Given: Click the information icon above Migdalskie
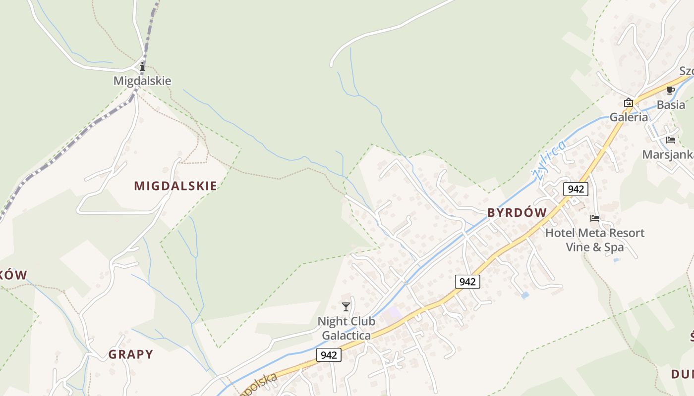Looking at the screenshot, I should pos(143,66).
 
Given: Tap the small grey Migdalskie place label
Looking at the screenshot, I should pos(142,81).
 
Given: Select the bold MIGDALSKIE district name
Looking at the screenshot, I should pos(175,186).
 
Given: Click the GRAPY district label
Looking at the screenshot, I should pos(131,354).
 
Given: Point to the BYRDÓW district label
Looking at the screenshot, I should pos(517,213).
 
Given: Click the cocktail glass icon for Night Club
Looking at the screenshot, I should pos(346,307).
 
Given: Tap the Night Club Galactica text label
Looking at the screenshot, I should pos(346,328).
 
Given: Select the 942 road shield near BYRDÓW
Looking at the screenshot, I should pos(576,189).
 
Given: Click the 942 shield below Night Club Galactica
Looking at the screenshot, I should pos(329,355).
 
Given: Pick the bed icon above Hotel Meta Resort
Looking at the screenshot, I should pos(595,218).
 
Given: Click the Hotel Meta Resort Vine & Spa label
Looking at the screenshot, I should pos(595,240).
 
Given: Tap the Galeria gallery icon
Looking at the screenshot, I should pos(629,103).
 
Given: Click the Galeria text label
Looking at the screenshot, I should pos(629,117).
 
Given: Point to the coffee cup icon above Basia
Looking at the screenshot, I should pos(671,90).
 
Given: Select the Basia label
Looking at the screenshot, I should pos(671,105).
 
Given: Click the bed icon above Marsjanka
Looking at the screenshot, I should pos(671,140).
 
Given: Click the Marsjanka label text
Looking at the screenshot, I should pos(668,155).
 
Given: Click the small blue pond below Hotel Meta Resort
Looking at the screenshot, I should pos(525,296).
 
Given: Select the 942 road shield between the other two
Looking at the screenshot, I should pos(467,282).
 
